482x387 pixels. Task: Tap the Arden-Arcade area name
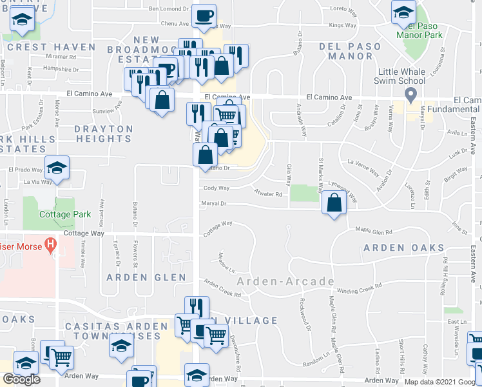click(285, 281)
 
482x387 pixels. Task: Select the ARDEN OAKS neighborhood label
click(404, 248)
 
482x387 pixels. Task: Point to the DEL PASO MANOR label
click(346, 51)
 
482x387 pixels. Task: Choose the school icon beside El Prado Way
click(57, 169)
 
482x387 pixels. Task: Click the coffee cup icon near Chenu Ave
click(204, 15)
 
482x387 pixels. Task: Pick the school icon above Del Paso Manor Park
click(403, 13)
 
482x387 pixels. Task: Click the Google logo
click(21, 379)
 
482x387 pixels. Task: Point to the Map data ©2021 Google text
click(441, 382)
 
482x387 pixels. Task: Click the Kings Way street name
click(342, 25)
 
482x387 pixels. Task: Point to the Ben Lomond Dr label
click(169, 9)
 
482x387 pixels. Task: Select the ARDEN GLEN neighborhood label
click(146, 277)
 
